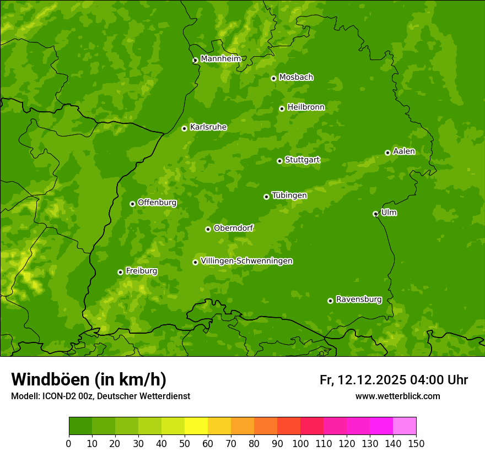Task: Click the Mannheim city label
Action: (220, 59)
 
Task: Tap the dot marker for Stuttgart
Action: (279, 161)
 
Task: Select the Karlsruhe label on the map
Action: (208, 127)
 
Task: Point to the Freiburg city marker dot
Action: (120, 272)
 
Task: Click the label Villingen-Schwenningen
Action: (246, 261)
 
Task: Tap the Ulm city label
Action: (389, 213)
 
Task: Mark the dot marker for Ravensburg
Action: (330, 301)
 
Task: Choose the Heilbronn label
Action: (306, 107)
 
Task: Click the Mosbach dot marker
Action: (273, 78)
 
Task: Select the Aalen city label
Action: (404, 151)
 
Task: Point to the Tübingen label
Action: (289, 195)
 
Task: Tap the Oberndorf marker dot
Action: (208, 229)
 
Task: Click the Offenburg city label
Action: (157, 203)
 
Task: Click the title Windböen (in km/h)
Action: (88, 379)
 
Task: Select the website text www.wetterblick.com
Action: (397, 396)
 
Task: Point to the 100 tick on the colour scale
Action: (300, 443)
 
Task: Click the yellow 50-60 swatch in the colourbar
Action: (196, 426)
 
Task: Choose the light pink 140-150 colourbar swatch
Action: (405, 426)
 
